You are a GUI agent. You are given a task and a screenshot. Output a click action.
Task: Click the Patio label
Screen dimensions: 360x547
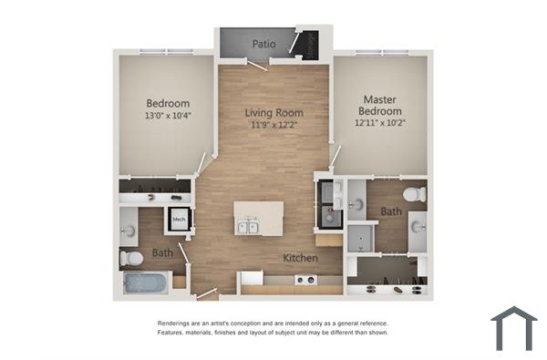point(263,43)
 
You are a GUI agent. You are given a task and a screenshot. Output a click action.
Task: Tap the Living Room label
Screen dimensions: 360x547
point(274,114)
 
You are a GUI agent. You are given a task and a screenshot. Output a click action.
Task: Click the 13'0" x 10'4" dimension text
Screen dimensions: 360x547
point(167,116)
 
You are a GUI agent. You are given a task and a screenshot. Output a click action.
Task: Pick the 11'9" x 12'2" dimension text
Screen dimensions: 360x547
point(274,127)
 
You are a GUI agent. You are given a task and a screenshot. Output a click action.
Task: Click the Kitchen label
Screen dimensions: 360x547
point(300,258)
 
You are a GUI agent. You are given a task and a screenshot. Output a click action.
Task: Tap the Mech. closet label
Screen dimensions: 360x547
point(179,219)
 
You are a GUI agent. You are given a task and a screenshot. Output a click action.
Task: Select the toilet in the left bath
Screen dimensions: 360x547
point(131,259)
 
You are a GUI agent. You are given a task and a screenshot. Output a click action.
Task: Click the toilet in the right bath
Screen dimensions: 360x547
point(414,193)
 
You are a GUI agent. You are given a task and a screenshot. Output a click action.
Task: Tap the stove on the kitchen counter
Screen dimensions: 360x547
point(304,280)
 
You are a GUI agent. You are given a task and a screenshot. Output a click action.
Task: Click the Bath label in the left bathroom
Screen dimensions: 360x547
point(162,252)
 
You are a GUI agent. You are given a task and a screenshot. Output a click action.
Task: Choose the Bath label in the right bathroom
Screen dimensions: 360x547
point(391,211)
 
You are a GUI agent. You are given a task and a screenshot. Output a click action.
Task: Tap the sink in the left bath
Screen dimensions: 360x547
point(129,228)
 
